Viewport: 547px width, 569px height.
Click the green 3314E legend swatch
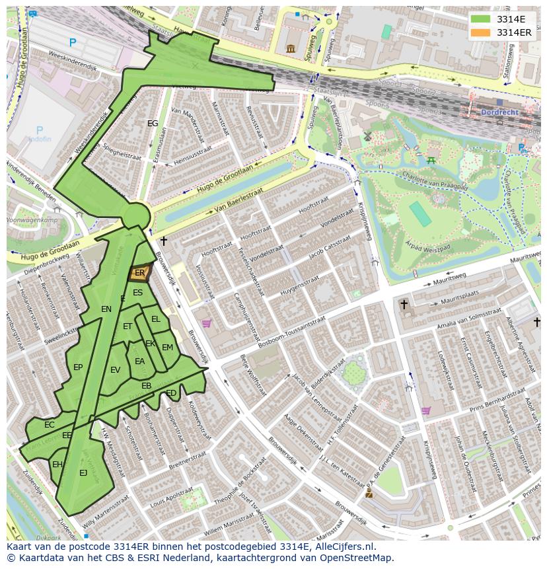480,19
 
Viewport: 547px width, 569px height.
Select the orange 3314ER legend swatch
480,32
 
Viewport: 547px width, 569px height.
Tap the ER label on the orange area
139,272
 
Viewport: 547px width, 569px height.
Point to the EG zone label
153,124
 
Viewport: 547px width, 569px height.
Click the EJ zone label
83,473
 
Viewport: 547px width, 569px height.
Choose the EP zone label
78,367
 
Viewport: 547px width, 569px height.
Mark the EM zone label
167,348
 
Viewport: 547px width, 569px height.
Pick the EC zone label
50,425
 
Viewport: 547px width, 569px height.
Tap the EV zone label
116,370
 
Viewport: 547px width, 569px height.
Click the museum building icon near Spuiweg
291,48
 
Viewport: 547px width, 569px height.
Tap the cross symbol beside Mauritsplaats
404,304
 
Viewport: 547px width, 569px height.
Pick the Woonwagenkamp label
31,219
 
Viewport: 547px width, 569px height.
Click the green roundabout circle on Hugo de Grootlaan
136,215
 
